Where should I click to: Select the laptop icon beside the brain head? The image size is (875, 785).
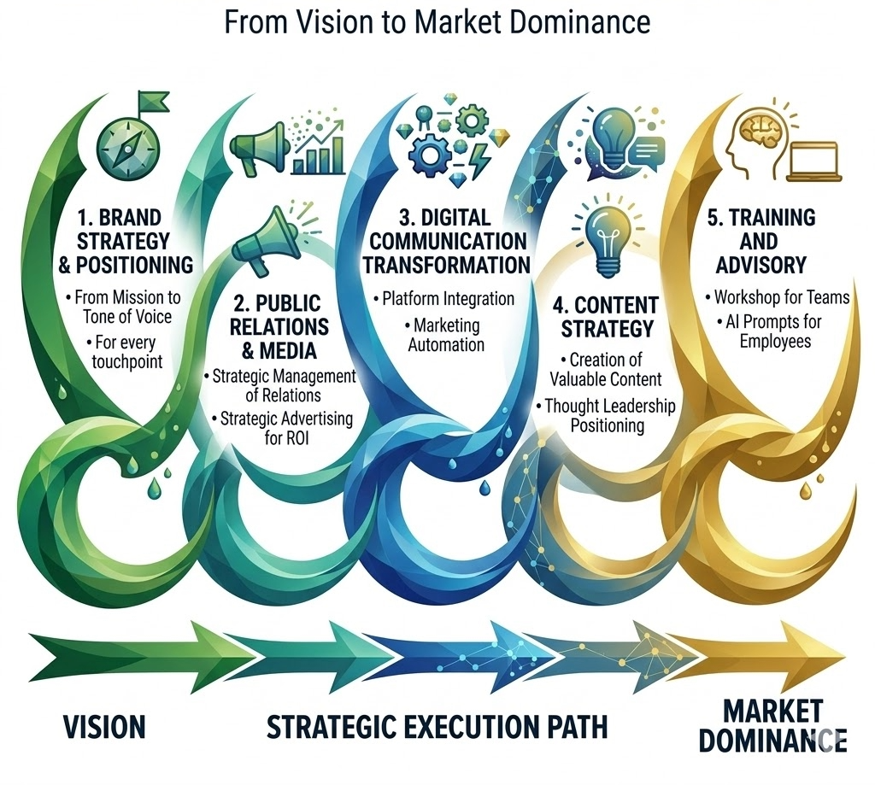(814, 161)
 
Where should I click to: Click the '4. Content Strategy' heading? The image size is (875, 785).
(604, 316)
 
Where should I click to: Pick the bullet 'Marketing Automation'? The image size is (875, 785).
(445, 335)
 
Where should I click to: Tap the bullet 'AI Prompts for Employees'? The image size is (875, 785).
(760, 332)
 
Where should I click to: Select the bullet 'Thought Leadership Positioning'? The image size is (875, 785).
(605, 415)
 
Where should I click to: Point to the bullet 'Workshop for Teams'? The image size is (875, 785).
(777, 297)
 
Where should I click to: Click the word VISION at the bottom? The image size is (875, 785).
(104, 728)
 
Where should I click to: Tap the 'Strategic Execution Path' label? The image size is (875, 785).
(437, 728)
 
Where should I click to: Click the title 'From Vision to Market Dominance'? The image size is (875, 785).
(437, 22)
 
